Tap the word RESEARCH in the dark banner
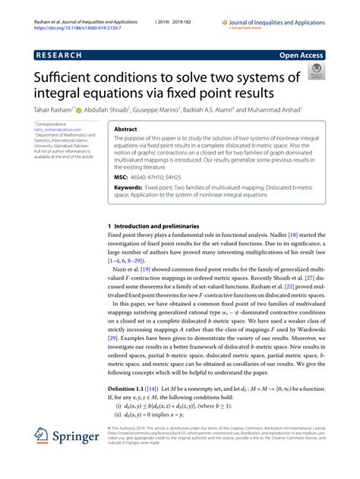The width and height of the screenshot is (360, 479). (60, 56)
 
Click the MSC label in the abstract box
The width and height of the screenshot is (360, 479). (122, 175)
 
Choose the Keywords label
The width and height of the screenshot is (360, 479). (131, 186)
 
